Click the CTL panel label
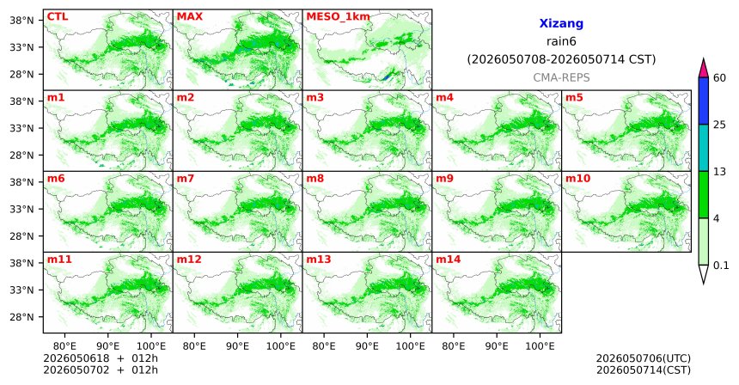point(58,16)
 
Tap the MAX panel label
point(189,16)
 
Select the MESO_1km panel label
point(338,17)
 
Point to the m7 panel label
point(184,179)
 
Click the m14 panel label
point(449,260)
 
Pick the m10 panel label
point(577,179)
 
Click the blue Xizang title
point(561,23)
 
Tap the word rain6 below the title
point(561,41)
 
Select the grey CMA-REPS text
point(561,77)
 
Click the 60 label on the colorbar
point(720,77)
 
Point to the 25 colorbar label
point(720,125)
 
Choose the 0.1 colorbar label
point(721,266)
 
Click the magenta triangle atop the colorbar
point(704,68)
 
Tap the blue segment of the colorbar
point(704,101)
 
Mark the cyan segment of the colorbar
point(704,148)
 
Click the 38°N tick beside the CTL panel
point(21,21)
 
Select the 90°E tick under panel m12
point(237,346)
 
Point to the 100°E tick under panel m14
point(540,346)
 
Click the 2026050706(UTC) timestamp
point(644,359)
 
